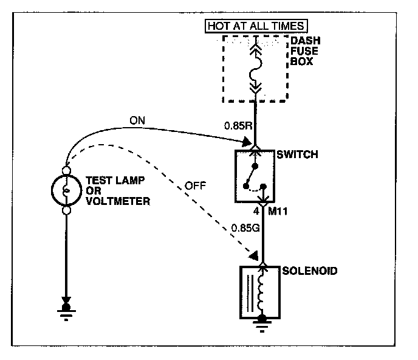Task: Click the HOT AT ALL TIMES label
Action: click(258, 26)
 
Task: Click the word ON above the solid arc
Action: click(139, 120)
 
